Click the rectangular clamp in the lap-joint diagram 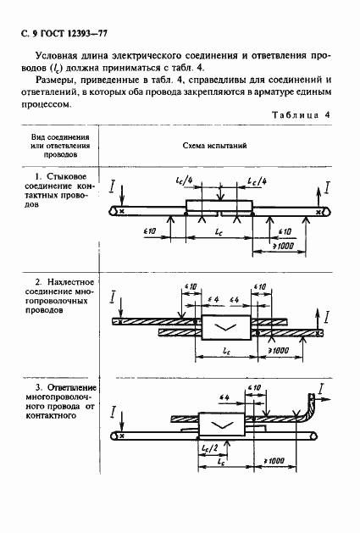tap(224, 327)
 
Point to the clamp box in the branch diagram tap(222, 424)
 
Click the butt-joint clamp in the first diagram tap(219, 207)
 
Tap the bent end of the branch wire tap(313, 415)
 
